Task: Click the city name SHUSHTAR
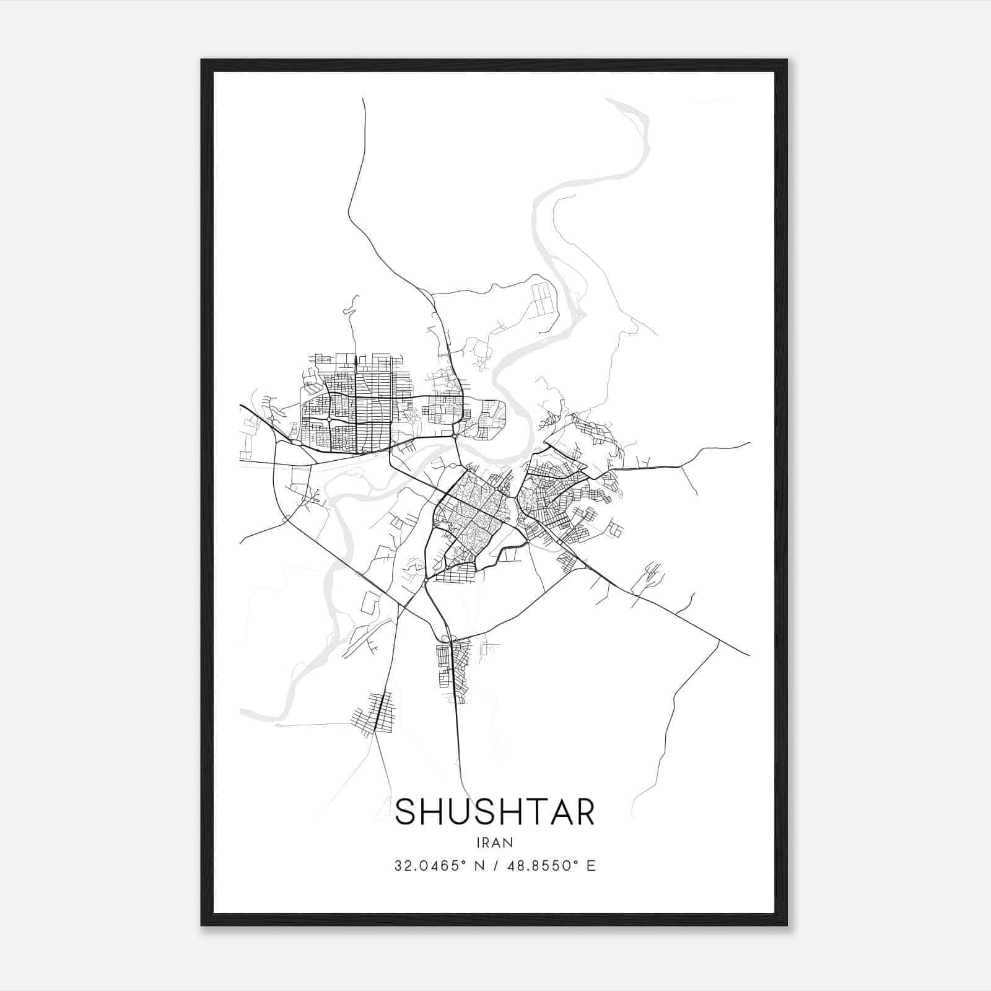pyautogui.click(x=495, y=811)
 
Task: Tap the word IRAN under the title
pyautogui.click(x=495, y=842)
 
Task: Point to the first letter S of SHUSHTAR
pyautogui.click(x=406, y=812)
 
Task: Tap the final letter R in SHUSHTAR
pyautogui.click(x=583, y=812)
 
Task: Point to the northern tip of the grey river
pyautogui.click(x=610, y=100)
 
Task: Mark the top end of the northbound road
pyautogui.click(x=363, y=99)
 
